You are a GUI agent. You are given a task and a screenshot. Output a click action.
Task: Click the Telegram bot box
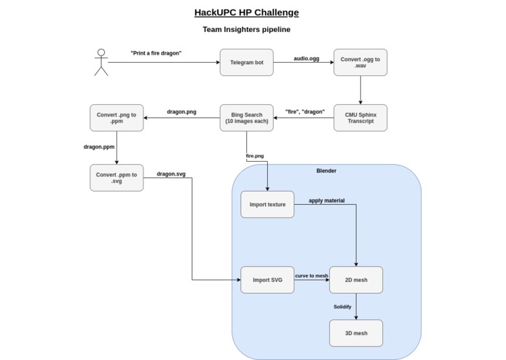click(247, 63)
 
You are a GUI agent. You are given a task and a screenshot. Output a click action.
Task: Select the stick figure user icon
click(100, 63)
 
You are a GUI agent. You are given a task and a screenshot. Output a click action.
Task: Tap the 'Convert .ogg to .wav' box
click(360, 63)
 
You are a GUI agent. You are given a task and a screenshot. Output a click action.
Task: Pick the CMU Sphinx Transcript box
click(360, 117)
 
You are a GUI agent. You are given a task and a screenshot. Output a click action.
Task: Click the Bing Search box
click(247, 117)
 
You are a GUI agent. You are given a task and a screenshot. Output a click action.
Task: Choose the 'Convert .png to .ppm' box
click(116, 117)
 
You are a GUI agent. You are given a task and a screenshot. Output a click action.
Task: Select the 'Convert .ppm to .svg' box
click(116, 177)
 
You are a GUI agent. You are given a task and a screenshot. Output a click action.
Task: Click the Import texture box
click(267, 205)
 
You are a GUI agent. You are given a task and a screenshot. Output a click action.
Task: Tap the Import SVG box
click(267, 279)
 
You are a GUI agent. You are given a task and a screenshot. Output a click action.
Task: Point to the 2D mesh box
click(355, 279)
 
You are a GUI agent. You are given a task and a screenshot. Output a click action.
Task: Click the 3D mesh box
click(355, 333)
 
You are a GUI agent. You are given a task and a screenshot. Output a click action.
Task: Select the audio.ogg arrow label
click(306, 57)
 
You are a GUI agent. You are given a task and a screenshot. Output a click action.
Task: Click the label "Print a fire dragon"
click(156, 53)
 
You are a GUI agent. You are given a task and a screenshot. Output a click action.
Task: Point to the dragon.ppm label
click(99, 146)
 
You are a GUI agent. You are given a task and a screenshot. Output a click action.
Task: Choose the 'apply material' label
click(326, 200)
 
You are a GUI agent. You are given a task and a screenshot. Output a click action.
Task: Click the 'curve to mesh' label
click(312, 275)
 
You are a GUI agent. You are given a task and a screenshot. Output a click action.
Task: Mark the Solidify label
click(342, 307)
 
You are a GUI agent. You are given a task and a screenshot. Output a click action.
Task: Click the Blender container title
click(326, 171)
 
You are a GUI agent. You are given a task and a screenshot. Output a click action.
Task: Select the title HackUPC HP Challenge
click(246, 12)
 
